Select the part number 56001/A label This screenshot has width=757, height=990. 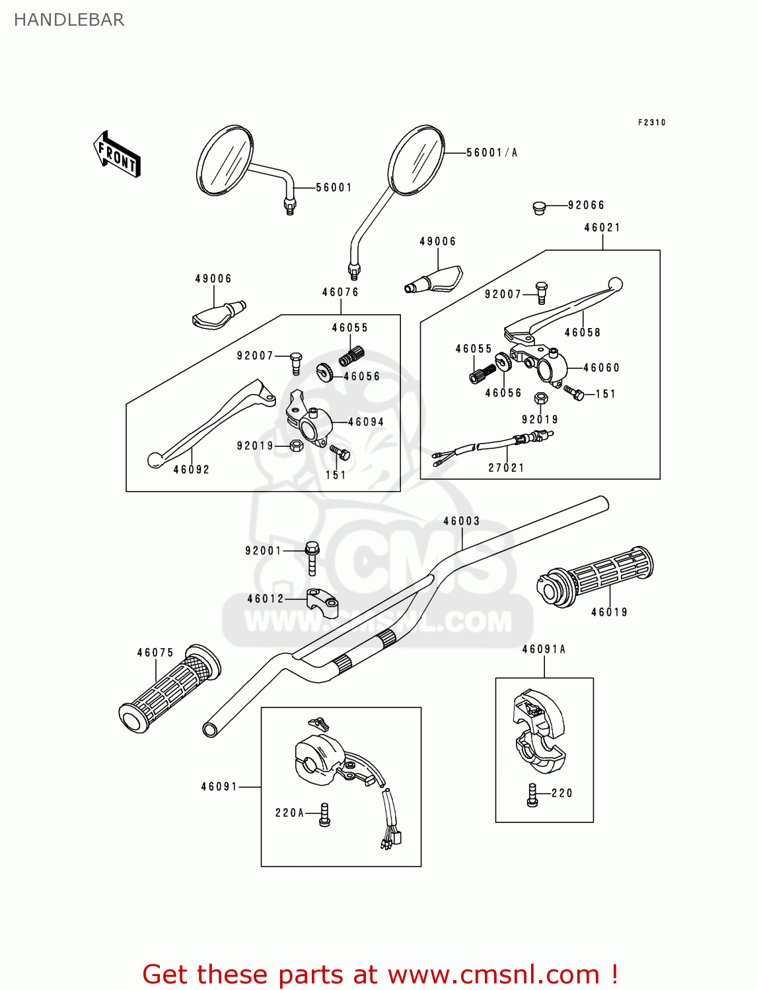coord(491,152)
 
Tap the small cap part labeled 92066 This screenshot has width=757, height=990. coord(540,209)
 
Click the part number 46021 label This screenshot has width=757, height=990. coord(602,228)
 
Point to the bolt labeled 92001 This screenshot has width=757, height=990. coord(312,558)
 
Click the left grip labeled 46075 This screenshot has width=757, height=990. coord(170,689)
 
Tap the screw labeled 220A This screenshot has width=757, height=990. coord(324,814)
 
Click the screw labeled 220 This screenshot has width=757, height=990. coord(533,795)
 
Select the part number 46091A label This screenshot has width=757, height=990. coord(544,649)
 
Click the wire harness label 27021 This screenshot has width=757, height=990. coord(506,468)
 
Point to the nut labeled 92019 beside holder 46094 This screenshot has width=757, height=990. coord(297,445)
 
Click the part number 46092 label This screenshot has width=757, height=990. coord(192,470)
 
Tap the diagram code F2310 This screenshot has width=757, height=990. coord(651,123)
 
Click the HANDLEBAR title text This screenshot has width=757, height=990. coord(69,20)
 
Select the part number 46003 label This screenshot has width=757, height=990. coord(461,521)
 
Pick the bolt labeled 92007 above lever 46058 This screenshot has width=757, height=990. coord(542,292)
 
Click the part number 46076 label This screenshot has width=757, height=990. coord(340,292)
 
